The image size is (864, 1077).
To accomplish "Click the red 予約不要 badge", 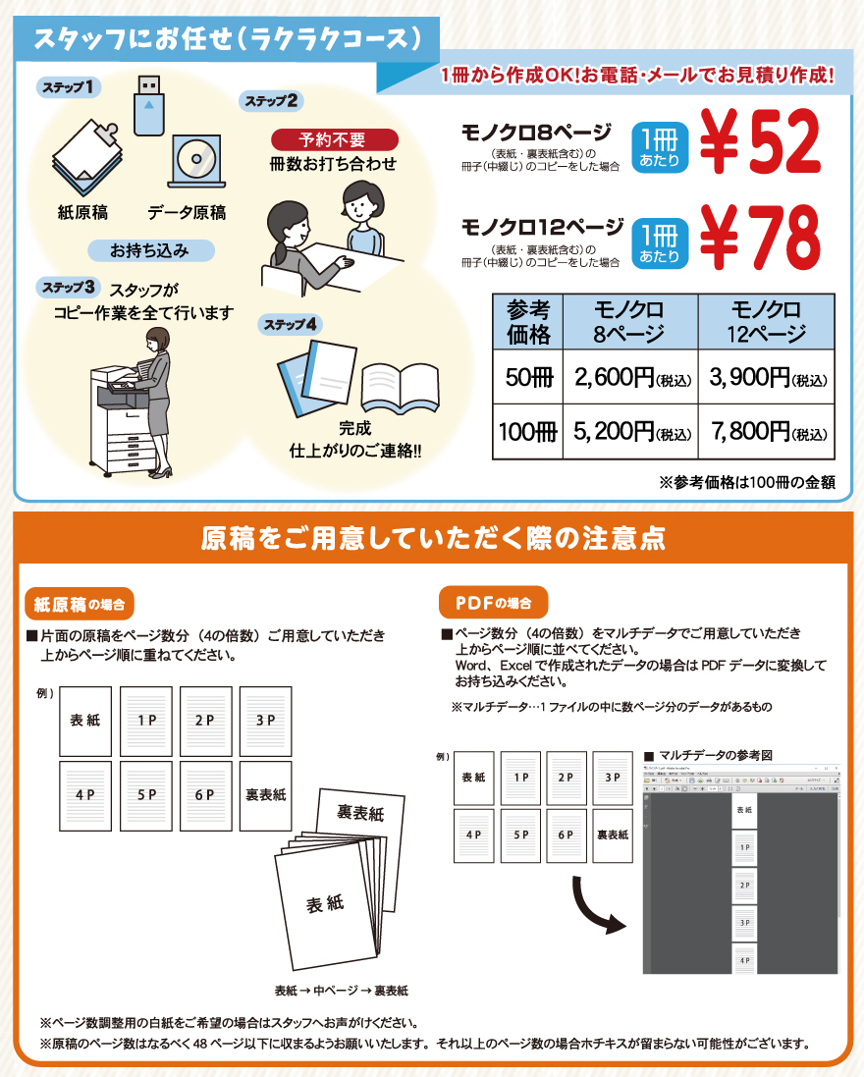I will [x=334, y=139].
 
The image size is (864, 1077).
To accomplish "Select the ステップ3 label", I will [x=67, y=288].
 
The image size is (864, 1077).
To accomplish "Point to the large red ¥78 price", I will [x=760, y=239].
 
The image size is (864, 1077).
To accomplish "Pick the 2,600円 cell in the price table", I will [x=628, y=376].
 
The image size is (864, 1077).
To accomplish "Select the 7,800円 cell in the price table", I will [x=766, y=431].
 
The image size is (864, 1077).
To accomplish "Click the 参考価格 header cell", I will [x=526, y=321].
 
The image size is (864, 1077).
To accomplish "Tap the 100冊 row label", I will [x=526, y=431].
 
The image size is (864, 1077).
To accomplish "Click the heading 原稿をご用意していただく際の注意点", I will [x=432, y=538].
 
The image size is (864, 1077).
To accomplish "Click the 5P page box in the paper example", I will [x=146, y=795].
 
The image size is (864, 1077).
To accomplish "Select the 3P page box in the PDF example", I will [x=612, y=777].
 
